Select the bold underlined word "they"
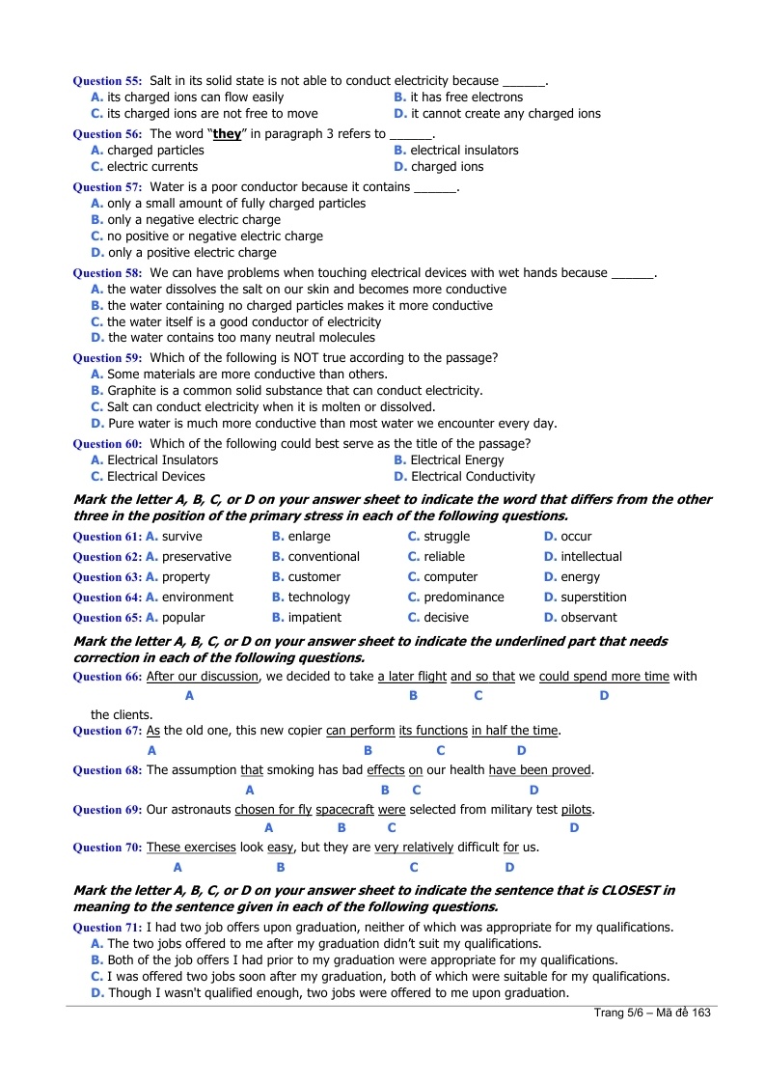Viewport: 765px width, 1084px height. pos(227,134)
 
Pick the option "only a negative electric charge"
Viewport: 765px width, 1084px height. pos(194,220)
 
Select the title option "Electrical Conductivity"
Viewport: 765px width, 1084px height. pos(472,477)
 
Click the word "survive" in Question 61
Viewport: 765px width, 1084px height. pos(182,537)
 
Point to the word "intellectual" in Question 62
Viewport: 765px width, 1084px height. pos(591,557)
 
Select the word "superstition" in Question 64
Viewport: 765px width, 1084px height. pos(593,598)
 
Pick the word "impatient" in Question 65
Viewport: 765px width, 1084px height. pos(317,618)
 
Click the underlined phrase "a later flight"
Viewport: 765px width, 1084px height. pos(412,677)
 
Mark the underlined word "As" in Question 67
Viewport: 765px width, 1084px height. pos(152,731)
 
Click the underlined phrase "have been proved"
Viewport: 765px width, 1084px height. pos(539,770)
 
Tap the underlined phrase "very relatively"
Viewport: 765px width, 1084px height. pos(414,848)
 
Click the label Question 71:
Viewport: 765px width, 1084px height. pos(107,928)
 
